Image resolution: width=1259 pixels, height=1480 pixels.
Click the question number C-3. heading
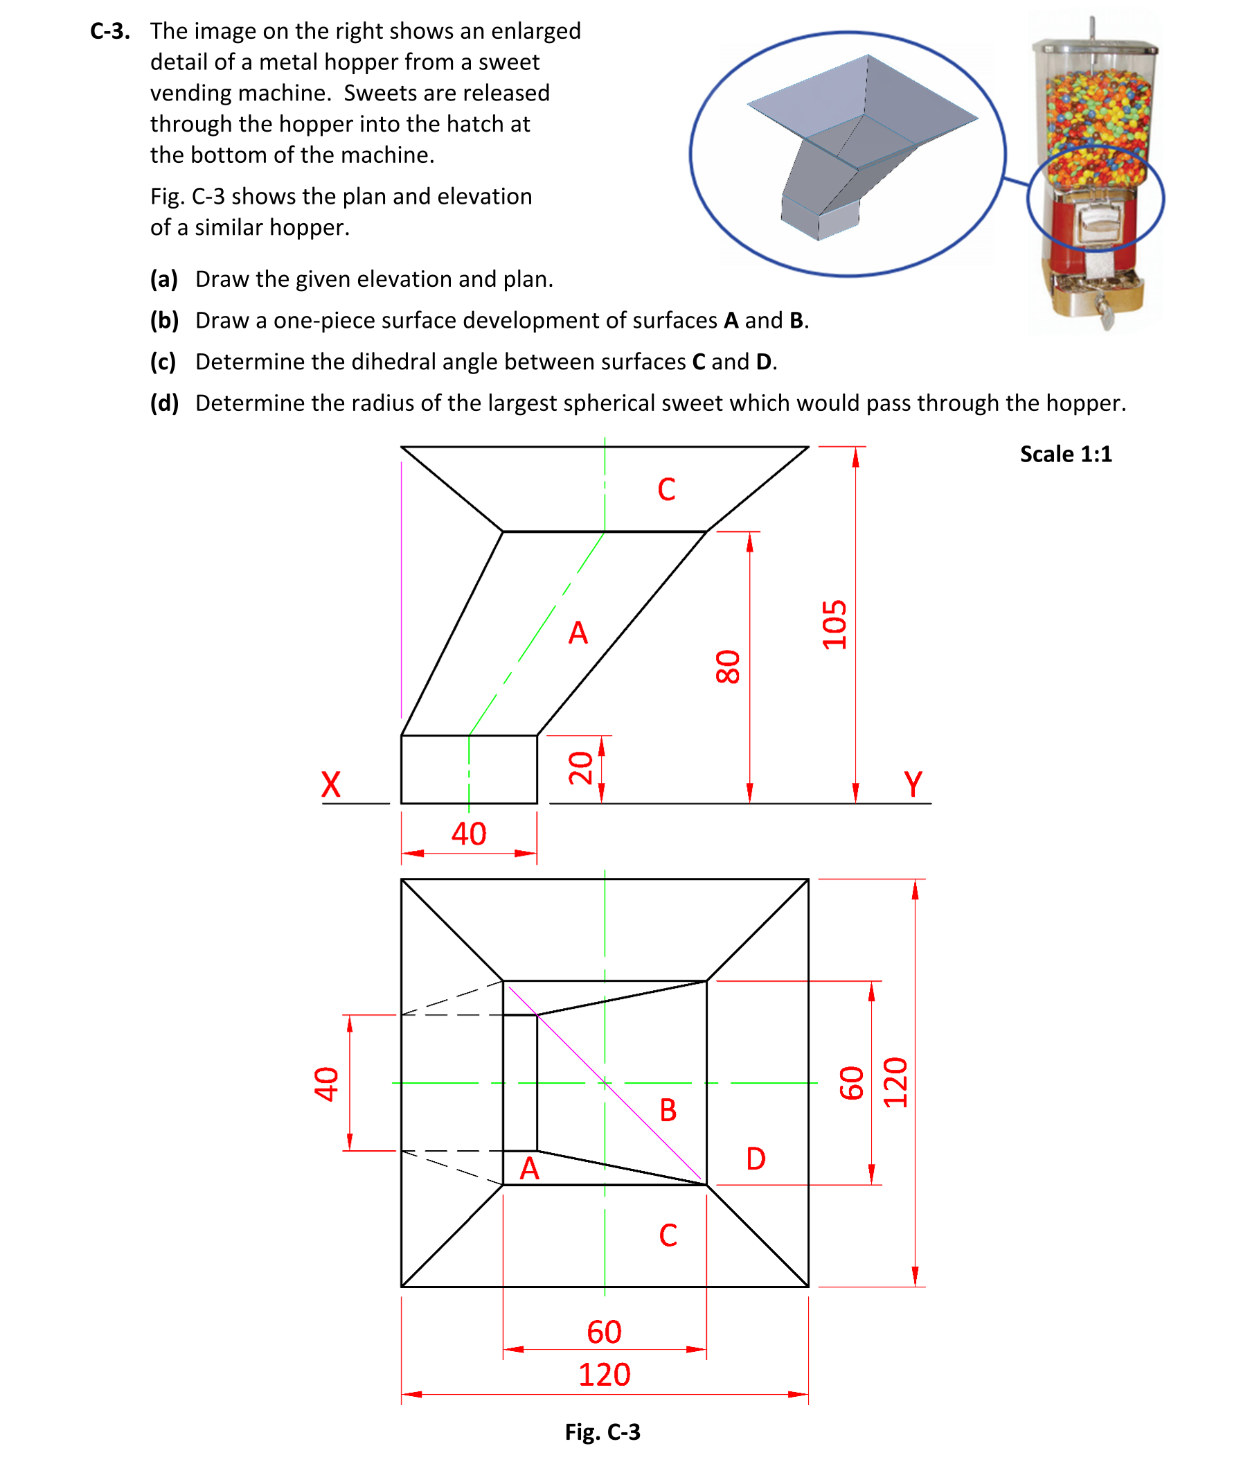pos(110,31)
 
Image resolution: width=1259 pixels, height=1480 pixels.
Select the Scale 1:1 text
pos(1065,454)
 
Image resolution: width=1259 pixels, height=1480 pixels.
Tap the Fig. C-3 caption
pos(602,1431)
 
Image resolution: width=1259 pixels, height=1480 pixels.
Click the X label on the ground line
pos(330,784)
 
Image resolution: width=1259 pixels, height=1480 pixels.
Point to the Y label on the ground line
pos(913,784)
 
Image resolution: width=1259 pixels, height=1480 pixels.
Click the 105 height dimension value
pos(834,625)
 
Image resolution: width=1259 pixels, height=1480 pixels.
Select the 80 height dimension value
pos(728,666)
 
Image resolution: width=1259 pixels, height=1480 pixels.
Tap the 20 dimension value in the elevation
pos(580,768)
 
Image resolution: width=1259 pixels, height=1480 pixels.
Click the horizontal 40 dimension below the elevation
pos(468,833)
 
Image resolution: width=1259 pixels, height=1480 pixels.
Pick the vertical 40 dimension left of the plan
pos(326,1084)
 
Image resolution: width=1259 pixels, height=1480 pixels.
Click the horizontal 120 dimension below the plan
pos(604,1375)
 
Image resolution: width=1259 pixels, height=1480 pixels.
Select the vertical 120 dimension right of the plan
pos(895,1082)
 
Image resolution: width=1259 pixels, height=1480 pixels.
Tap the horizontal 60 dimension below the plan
pos(604,1332)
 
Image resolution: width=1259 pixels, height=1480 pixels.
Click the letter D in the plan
pos(755,1159)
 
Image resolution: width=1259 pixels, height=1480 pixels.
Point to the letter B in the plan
pos(668,1110)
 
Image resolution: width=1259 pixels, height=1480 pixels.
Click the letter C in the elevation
pos(666,490)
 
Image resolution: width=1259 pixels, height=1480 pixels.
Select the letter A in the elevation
pos(578,633)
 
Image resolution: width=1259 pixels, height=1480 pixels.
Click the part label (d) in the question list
pos(164,403)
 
